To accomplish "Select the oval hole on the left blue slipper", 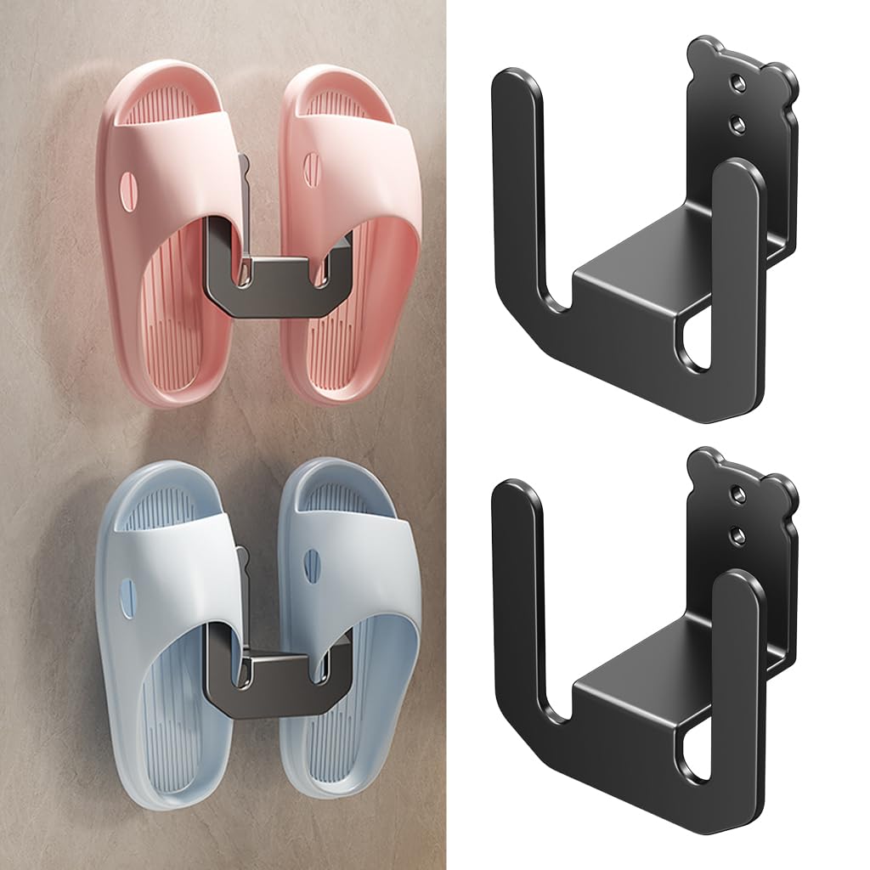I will pos(127,595).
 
